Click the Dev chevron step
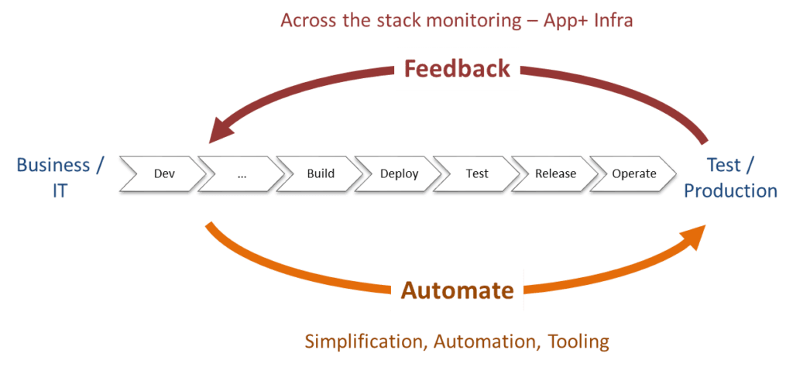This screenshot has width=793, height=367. click(163, 173)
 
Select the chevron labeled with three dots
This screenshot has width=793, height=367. click(242, 173)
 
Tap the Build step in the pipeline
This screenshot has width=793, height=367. click(321, 173)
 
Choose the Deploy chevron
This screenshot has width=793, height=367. click(399, 173)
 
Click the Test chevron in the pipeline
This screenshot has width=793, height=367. click(477, 173)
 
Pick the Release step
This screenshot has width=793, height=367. click(555, 173)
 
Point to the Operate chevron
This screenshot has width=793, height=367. click(633, 173)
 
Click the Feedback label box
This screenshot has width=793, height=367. click(457, 69)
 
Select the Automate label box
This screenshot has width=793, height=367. click(457, 290)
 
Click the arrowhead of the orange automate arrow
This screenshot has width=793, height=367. click(693, 235)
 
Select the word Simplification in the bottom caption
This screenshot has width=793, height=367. click(365, 341)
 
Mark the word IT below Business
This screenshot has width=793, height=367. click(60, 190)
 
